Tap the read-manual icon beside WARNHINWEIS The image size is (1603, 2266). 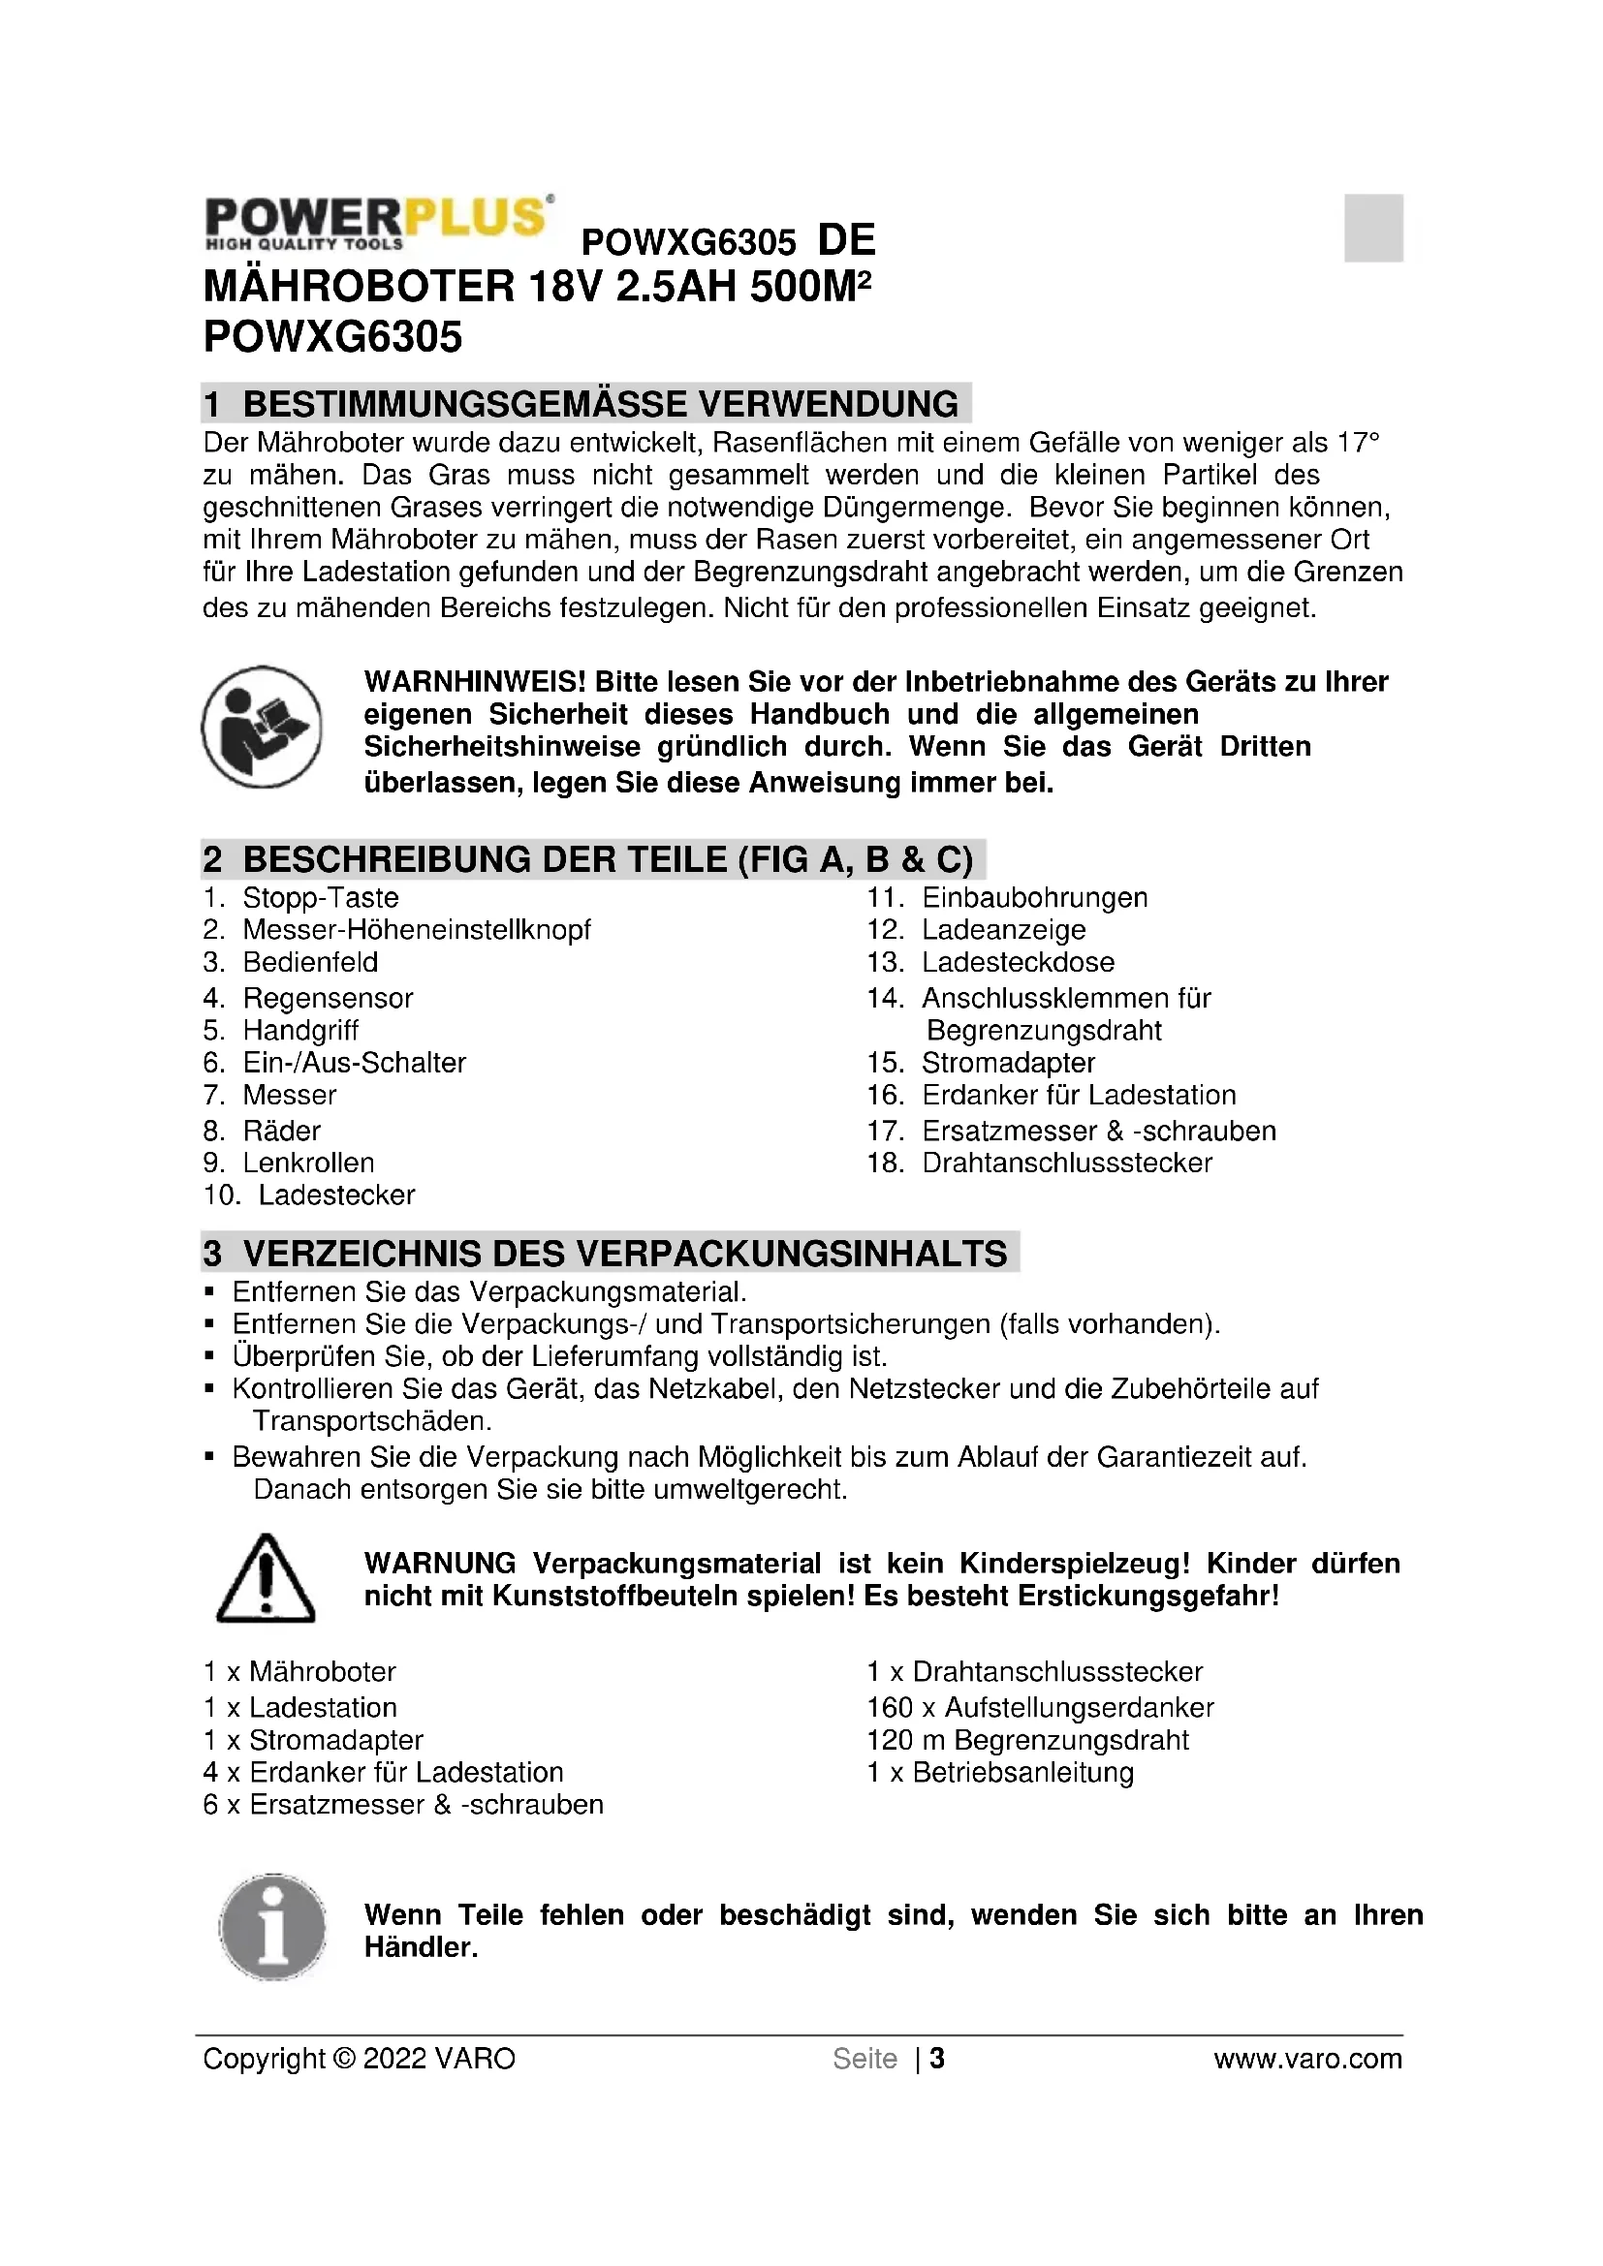coord(262,727)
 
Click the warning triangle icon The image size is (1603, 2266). coord(265,1579)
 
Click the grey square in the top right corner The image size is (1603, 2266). coord(1373,228)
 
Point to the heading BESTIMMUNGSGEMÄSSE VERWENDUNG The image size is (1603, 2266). coord(600,404)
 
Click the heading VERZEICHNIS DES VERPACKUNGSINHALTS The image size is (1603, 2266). coord(624,1253)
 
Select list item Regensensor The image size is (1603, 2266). coord(328,998)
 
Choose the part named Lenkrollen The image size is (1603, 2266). coord(308,1163)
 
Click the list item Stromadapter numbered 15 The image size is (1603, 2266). coord(1008,1063)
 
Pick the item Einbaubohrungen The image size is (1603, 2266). coord(1034,898)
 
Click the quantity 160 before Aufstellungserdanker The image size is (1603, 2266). coord(891,1707)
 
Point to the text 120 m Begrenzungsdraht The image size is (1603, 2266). coord(1027,1740)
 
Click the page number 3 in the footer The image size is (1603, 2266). coord(937,2059)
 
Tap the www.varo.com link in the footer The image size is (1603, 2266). coord(1306,2059)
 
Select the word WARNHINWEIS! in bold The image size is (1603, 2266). coord(475,682)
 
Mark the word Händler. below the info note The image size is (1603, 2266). coord(421,1947)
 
